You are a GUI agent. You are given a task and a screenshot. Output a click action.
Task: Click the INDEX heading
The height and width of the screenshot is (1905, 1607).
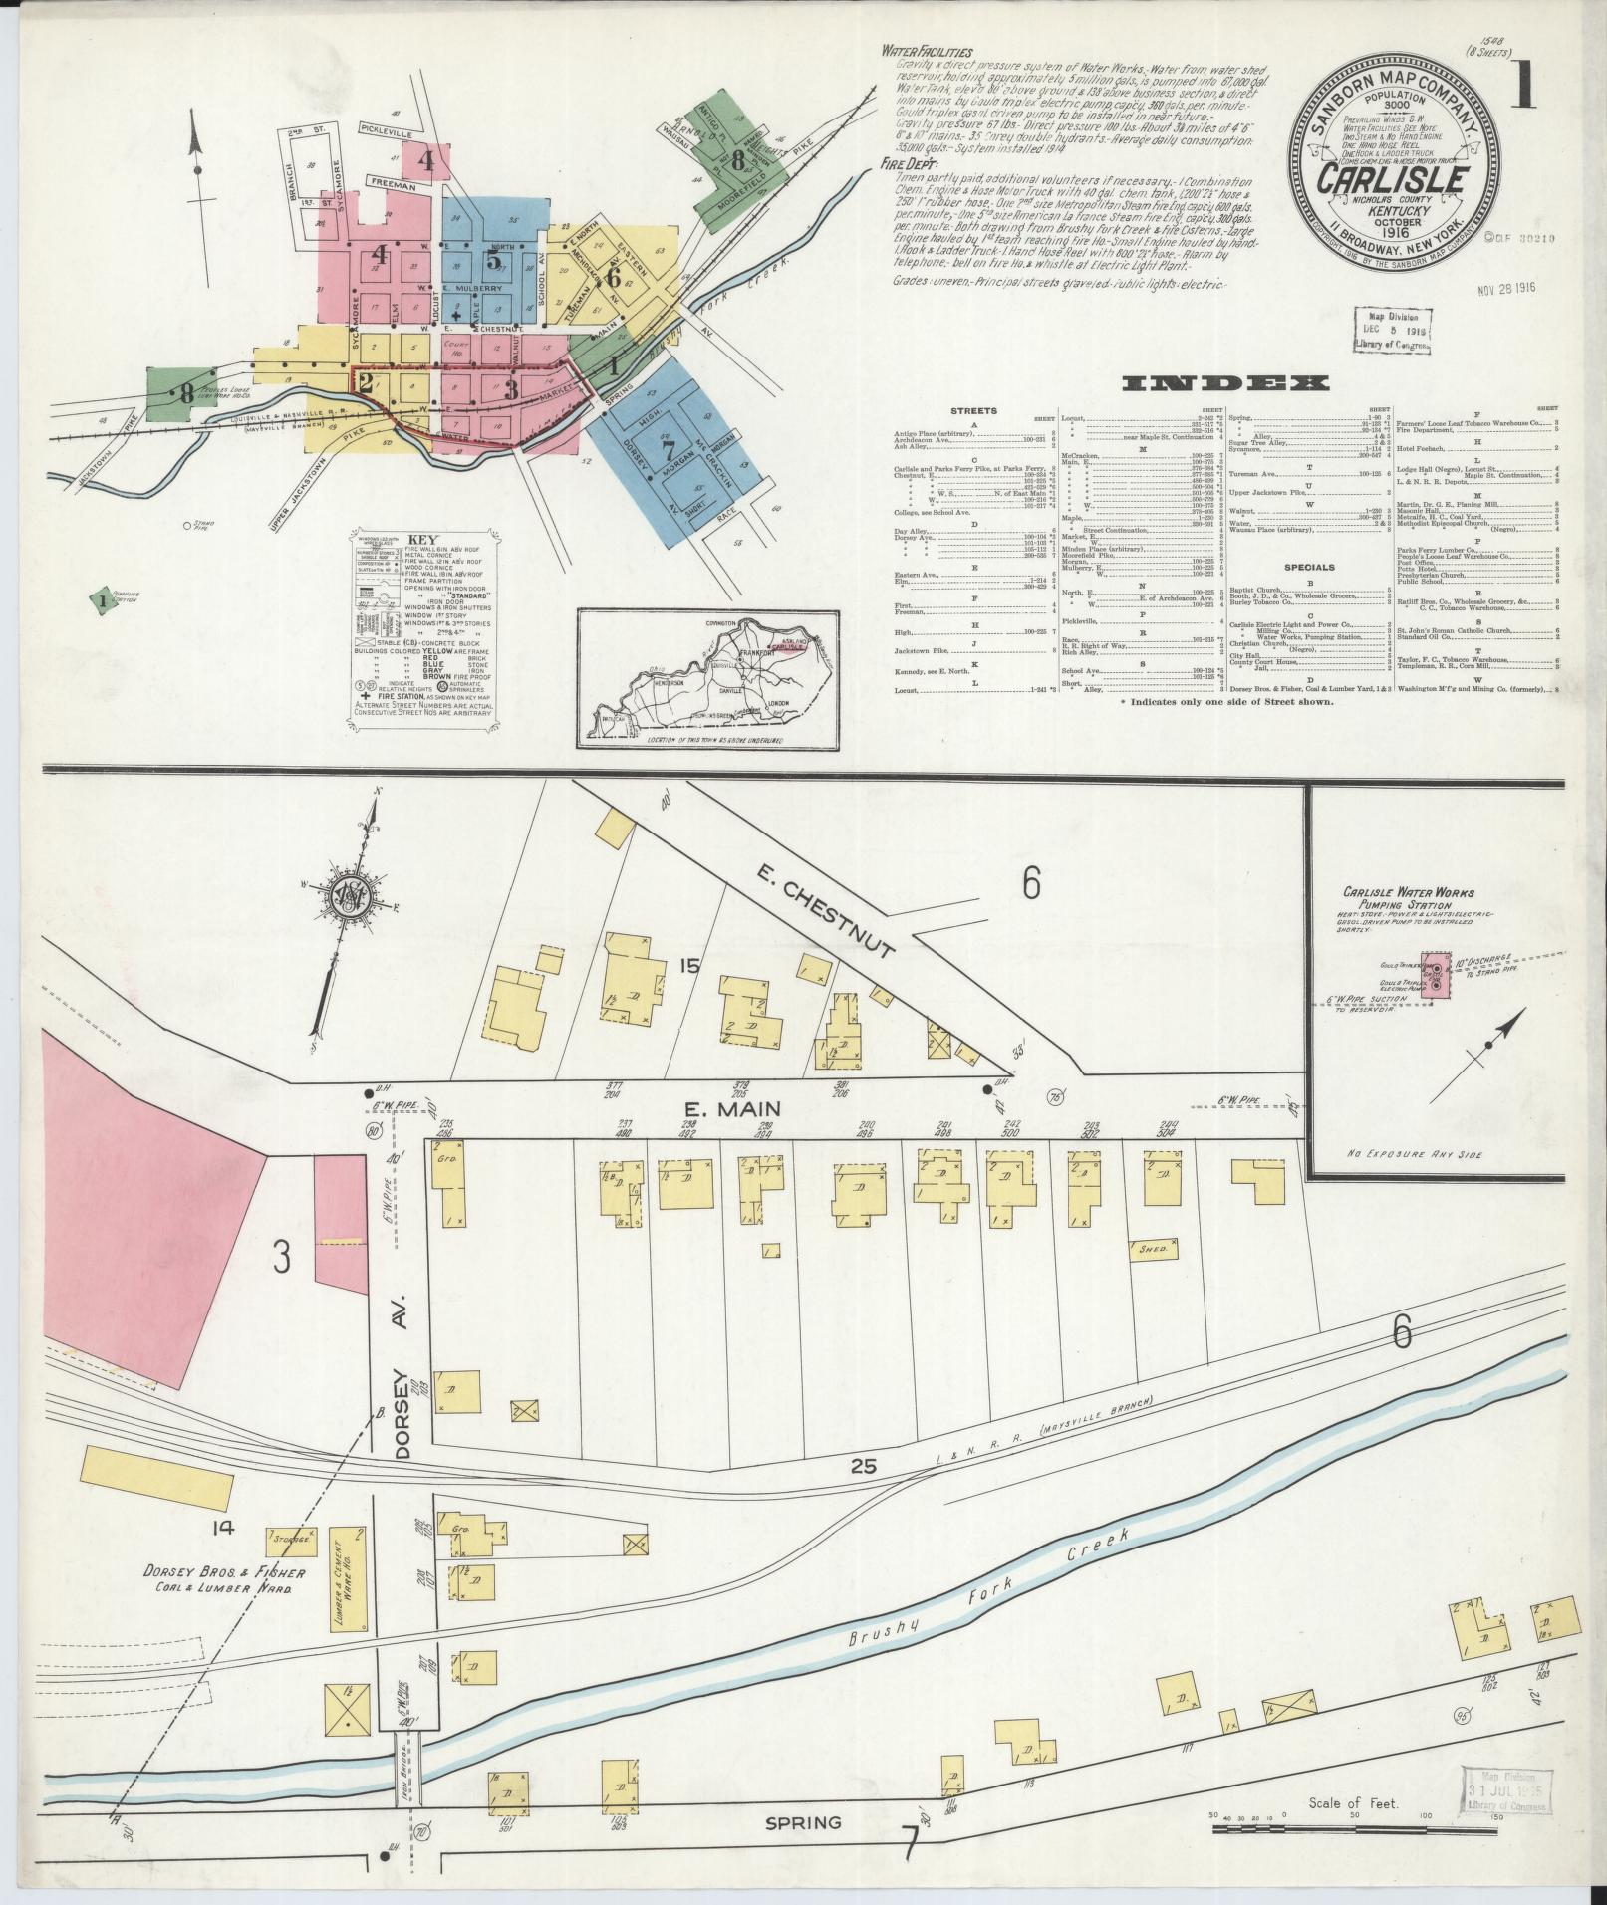coord(1225,383)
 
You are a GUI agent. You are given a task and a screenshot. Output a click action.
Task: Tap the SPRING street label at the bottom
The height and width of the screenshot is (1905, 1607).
coord(803,1850)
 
